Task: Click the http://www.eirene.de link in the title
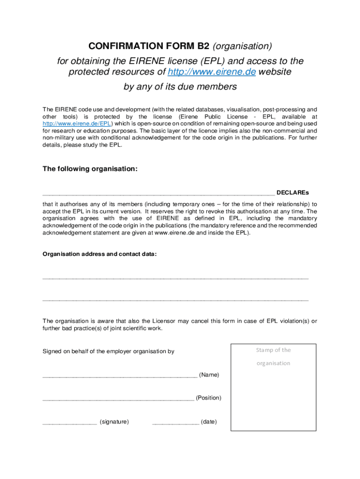tap(211, 72)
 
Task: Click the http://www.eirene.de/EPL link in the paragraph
tap(77, 123)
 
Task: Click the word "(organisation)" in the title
tap(242, 46)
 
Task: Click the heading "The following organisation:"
tap(90, 168)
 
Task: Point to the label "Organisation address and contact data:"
tap(100, 254)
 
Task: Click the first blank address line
tap(175, 278)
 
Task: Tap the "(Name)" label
tap(209, 375)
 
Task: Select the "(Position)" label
tap(209, 398)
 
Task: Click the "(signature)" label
tap(114, 421)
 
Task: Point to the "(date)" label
tap(209, 421)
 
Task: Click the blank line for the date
tap(175, 423)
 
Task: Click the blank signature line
tap(69, 423)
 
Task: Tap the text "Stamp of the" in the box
tap(273, 350)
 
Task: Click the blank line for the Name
tap(119, 376)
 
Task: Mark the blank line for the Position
tap(118, 399)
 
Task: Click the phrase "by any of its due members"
tap(180, 87)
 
